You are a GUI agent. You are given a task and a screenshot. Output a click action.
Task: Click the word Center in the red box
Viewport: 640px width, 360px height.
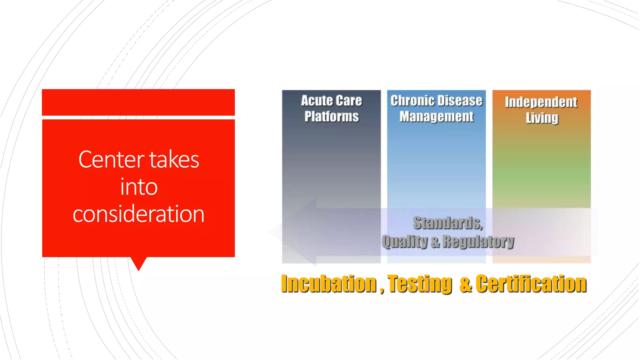111,160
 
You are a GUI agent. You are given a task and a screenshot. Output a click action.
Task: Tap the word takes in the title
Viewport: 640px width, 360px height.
174,160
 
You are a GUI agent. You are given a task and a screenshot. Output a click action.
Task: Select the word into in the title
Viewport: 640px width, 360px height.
139,187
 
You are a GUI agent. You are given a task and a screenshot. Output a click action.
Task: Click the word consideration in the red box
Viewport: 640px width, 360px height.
138,214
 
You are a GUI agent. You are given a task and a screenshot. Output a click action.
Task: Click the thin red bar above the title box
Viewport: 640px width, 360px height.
138,102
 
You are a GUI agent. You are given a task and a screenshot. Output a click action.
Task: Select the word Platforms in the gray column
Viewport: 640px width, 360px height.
332,117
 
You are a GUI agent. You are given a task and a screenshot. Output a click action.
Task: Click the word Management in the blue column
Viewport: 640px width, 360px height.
437,117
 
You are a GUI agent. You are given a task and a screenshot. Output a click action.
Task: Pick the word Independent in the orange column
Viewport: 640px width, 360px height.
541,102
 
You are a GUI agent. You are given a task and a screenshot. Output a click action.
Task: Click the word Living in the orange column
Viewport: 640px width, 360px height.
542,118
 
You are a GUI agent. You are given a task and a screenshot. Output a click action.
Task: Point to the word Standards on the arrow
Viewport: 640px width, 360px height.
447,223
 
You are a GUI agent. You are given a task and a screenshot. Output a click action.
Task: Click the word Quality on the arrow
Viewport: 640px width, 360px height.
404,242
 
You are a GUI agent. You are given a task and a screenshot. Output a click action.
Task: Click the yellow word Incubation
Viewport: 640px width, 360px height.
328,284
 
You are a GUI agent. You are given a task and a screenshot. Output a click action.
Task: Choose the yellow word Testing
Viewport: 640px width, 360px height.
420,284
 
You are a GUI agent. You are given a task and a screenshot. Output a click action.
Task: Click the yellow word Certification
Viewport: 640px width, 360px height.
531,284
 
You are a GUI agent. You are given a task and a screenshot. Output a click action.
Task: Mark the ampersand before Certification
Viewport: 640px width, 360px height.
465,284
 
